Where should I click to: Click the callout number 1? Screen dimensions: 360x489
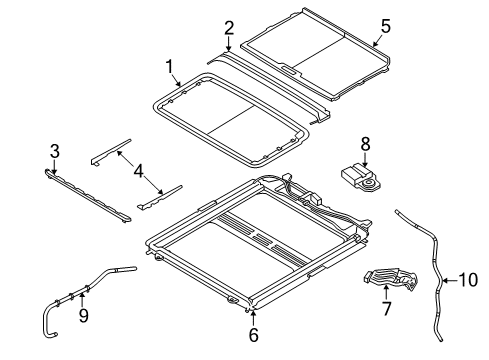click(x=170, y=67)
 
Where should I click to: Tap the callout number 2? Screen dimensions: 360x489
click(x=229, y=27)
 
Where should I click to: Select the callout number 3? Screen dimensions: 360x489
click(x=54, y=151)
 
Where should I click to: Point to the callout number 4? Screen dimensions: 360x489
click(x=140, y=171)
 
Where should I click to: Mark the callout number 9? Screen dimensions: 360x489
click(x=84, y=317)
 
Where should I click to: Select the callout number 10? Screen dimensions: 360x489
click(x=466, y=280)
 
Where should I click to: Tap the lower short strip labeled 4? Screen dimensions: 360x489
click(x=160, y=194)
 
